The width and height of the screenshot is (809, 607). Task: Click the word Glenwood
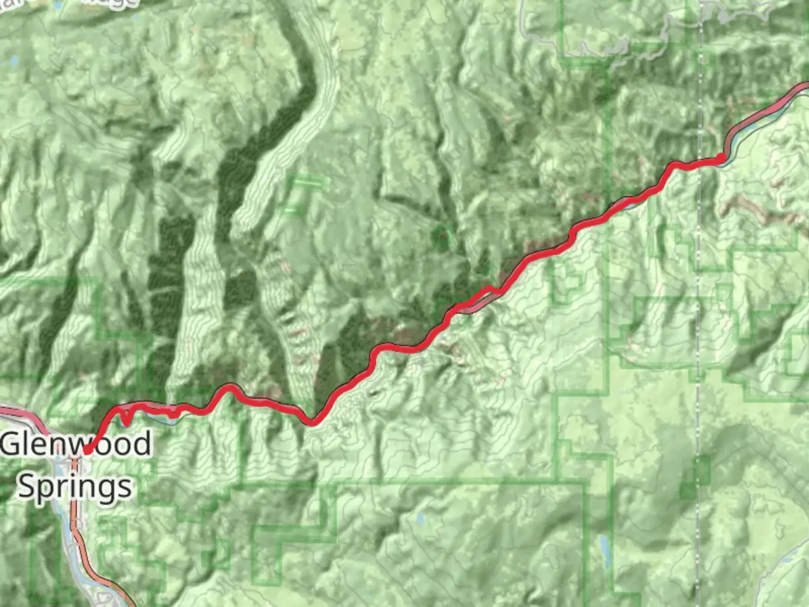[76, 443]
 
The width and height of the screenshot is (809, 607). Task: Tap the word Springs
[75, 486]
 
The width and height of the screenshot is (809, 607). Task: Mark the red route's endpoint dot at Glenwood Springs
[88, 450]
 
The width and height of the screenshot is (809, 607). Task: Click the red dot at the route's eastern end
[721, 158]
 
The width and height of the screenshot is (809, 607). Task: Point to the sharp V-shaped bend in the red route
[312, 421]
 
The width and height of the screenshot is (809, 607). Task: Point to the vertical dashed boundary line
[698, 337]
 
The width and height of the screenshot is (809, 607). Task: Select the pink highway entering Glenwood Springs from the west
[22, 414]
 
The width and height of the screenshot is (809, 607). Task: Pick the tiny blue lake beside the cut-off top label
[58, 6]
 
